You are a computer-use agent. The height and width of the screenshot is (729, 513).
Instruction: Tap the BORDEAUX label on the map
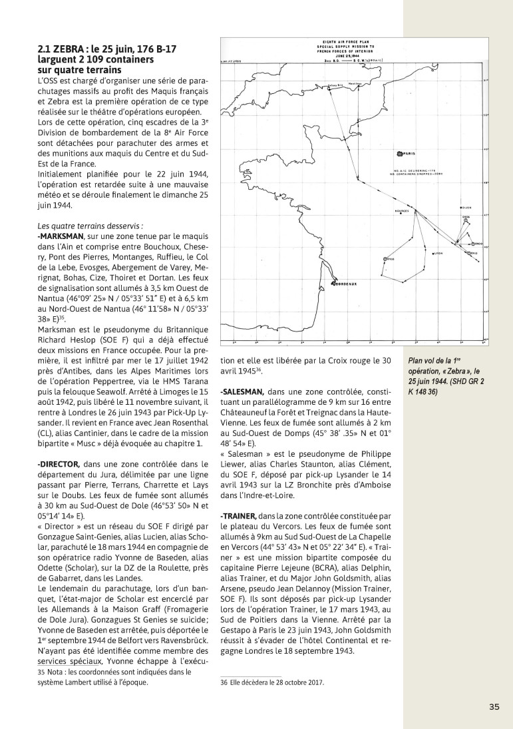346,284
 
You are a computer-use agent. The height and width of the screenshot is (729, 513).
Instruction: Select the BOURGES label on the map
401,210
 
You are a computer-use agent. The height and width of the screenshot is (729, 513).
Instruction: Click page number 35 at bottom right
493,707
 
